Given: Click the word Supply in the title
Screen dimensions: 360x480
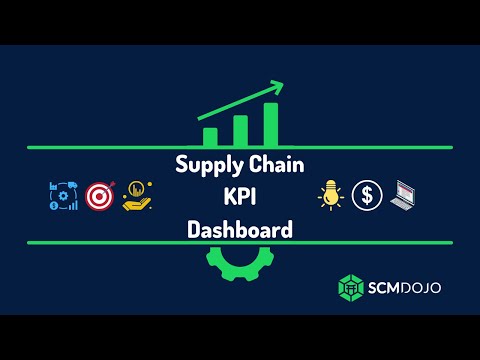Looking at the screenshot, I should [205, 164].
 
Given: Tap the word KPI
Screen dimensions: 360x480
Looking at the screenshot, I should [240, 197].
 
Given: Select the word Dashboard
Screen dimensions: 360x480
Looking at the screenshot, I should [240, 229].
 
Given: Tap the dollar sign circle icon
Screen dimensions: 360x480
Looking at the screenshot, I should [368, 195].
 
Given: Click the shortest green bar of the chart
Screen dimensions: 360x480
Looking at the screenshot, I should [210, 137].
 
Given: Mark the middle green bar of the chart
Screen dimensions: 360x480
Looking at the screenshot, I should [240, 131].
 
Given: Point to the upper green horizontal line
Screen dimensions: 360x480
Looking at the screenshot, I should [100, 148].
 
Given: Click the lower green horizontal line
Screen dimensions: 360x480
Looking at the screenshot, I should [100, 242].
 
